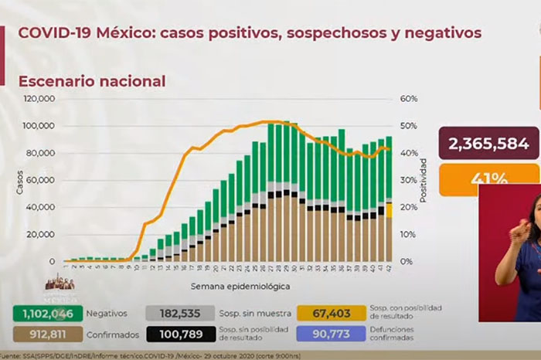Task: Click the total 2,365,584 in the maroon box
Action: (488, 144)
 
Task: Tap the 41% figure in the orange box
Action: (488, 179)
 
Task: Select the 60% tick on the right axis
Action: (409, 99)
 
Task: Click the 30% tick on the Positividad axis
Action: (409, 180)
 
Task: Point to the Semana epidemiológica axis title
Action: (230, 286)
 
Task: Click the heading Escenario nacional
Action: (92, 81)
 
